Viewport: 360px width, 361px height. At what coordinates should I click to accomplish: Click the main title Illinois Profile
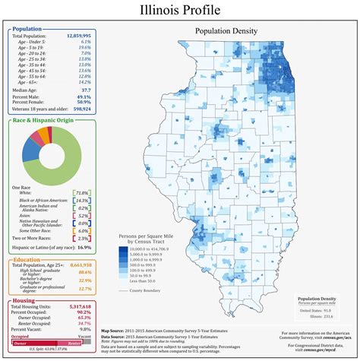click(180, 11)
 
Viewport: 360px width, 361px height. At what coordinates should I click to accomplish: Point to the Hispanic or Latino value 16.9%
click(84, 248)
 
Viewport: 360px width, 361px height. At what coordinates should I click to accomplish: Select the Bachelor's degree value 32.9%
click(84, 280)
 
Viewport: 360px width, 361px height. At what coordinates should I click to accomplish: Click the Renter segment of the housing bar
click(73, 344)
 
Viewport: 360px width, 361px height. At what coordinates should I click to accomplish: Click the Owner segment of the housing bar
click(30, 344)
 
